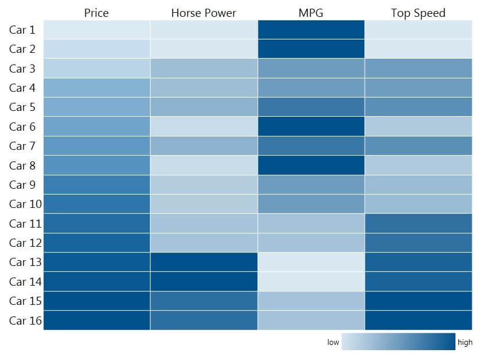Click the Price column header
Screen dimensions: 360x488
[96, 13]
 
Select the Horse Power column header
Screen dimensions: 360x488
[203, 13]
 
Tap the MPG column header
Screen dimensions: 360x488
[311, 13]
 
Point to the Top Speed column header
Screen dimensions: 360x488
[418, 13]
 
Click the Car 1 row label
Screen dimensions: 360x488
[23, 30]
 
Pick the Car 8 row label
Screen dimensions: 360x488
[23, 165]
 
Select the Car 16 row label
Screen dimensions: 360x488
[26, 320]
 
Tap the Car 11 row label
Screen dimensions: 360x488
[26, 224]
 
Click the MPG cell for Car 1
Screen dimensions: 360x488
[311, 30]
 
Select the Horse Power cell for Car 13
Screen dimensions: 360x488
[203, 262]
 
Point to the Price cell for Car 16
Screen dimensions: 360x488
[96, 320]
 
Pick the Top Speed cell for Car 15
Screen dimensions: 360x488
[418, 301]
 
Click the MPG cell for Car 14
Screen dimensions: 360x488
[311, 282]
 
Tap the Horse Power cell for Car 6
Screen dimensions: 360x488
[203, 127]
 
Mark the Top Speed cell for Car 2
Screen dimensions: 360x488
[418, 49]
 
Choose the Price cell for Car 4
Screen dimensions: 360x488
[96, 88]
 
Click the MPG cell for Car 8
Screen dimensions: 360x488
[311, 165]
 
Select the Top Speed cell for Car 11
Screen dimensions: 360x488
[418, 224]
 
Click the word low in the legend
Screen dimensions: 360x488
[333, 343]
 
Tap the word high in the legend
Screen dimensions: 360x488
[465, 343]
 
